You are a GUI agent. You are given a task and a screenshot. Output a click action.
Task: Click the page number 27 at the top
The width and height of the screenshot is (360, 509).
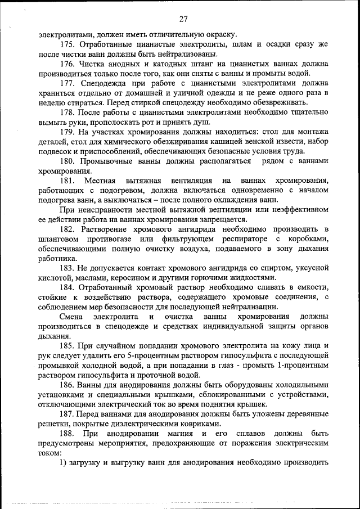(183, 19)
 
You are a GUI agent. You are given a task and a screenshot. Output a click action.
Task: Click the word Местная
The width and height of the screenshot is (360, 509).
(100, 181)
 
